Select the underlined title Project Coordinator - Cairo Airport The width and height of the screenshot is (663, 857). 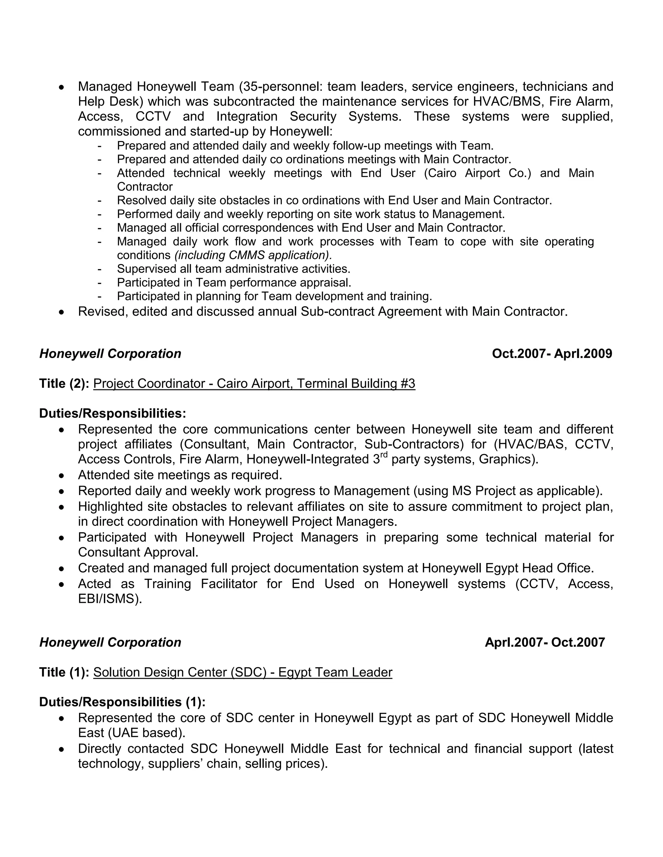click(254, 383)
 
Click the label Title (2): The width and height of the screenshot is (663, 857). click(64, 383)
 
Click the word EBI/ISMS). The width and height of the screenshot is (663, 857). click(110, 599)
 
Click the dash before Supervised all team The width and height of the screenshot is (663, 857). click(99, 269)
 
